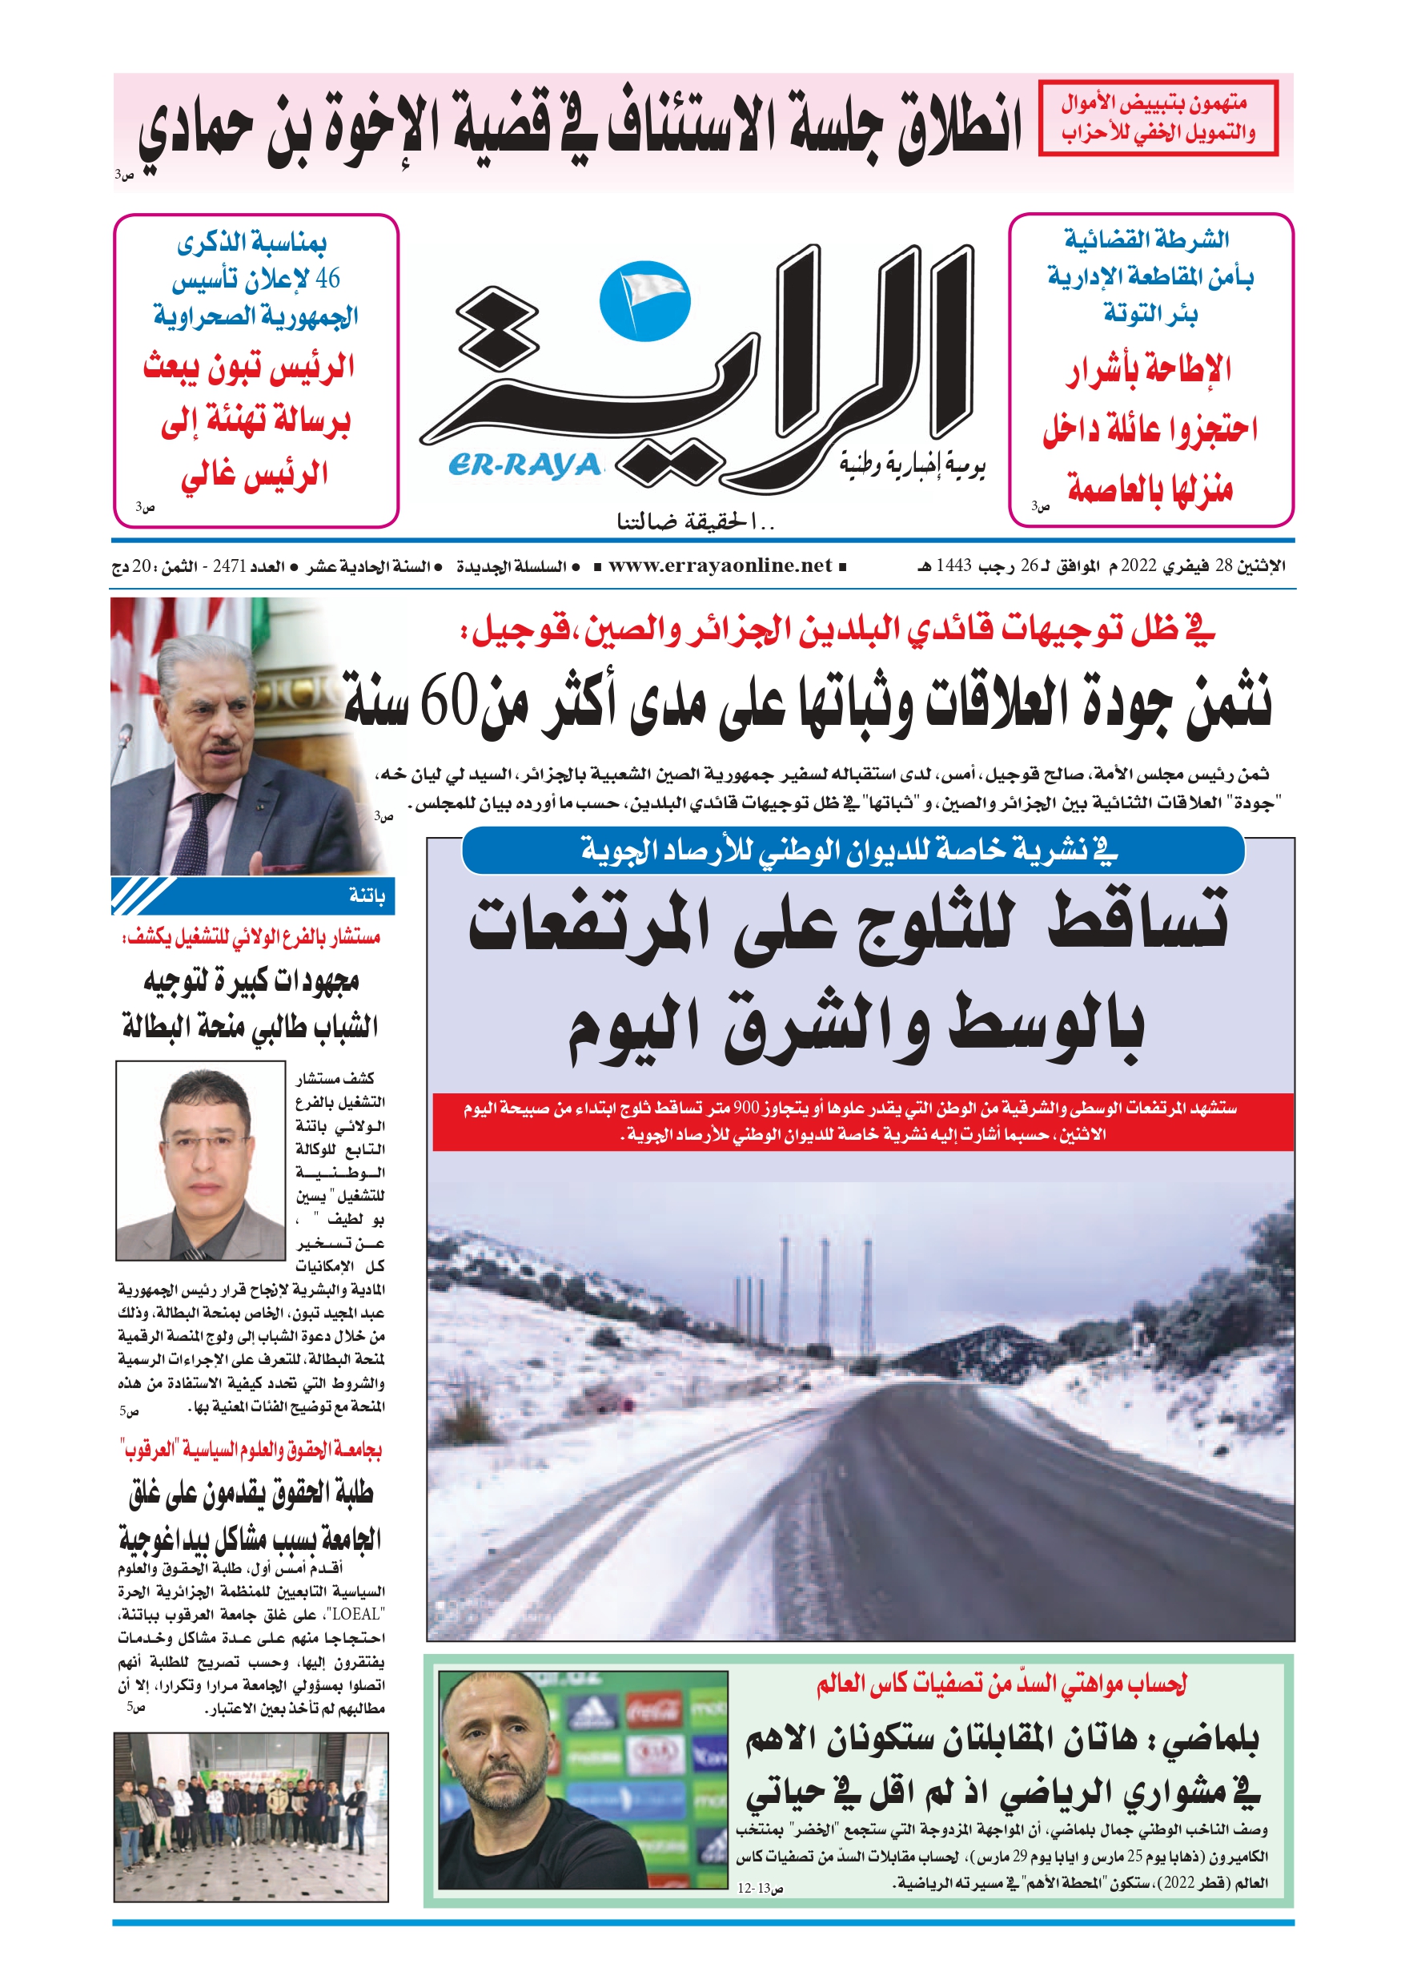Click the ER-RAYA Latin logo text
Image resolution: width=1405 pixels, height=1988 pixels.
click(x=524, y=466)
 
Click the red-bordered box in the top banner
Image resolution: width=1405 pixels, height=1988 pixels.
click(x=1158, y=118)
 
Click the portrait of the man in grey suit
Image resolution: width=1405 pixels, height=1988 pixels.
click(x=201, y=1161)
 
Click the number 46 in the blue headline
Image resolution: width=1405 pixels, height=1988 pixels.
click(x=328, y=279)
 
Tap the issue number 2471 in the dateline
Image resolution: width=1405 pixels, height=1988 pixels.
click(x=230, y=566)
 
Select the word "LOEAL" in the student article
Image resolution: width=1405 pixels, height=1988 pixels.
click(x=357, y=1614)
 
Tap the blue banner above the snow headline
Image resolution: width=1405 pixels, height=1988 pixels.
click(x=853, y=851)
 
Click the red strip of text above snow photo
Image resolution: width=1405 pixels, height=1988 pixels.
click(x=861, y=1121)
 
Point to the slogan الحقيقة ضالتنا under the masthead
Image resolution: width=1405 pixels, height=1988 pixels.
click(x=696, y=521)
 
